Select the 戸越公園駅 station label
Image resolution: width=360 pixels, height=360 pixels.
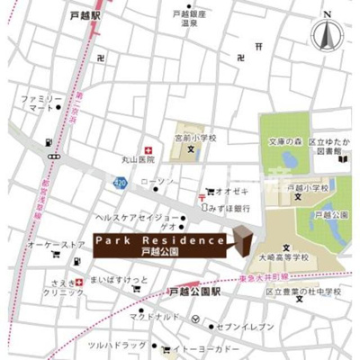(194, 292)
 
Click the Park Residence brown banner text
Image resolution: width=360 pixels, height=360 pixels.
(160, 241)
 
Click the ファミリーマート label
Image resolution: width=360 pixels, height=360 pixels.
(41, 103)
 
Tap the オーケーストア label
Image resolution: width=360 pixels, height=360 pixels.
(56, 245)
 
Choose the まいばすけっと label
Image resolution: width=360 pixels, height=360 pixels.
(118, 280)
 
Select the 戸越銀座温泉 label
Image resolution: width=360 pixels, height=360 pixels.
(190, 20)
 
